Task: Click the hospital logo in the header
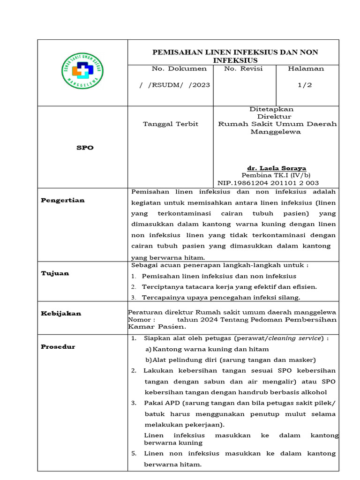click(x=83, y=71)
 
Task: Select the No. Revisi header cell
click(x=243, y=68)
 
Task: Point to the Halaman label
click(x=306, y=68)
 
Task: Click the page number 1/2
click(x=305, y=85)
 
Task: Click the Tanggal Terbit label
click(x=170, y=124)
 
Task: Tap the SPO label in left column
click(x=85, y=147)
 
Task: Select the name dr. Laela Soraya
click(x=277, y=168)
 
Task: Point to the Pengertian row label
click(x=63, y=200)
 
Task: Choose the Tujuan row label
click(x=55, y=273)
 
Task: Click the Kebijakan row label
click(x=61, y=313)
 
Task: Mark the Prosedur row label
click(x=58, y=346)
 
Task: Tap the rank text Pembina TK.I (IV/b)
click(x=277, y=175)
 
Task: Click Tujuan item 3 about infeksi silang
click(x=221, y=297)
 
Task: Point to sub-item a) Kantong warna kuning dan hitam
click(x=207, y=349)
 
